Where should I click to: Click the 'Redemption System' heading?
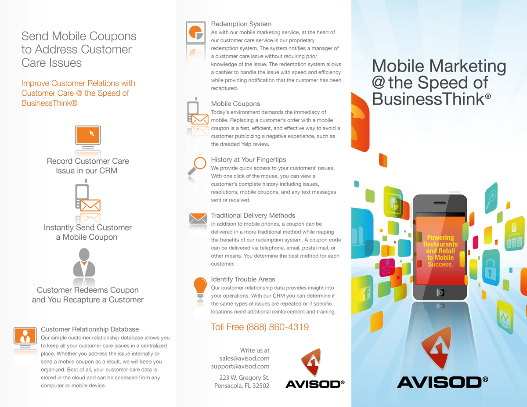[241, 24]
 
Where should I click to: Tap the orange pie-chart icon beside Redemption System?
[196, 32]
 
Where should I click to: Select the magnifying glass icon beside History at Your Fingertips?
[197, 166]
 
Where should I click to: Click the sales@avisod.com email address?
[245, 358]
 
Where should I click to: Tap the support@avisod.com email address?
[240, 366]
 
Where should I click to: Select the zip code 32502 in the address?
[261, 385]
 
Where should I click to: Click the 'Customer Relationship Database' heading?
[90, 329]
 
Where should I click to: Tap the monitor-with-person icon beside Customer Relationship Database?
[25, 337]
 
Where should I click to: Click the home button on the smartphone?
[440, 292]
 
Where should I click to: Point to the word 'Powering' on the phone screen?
[440, 238]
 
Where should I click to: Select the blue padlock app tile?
[491, 267]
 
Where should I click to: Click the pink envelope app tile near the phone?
[387, 268]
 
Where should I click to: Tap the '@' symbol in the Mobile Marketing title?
[378, 83]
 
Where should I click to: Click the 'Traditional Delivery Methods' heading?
[253, 216]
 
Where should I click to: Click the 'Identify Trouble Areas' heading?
[243, 279]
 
